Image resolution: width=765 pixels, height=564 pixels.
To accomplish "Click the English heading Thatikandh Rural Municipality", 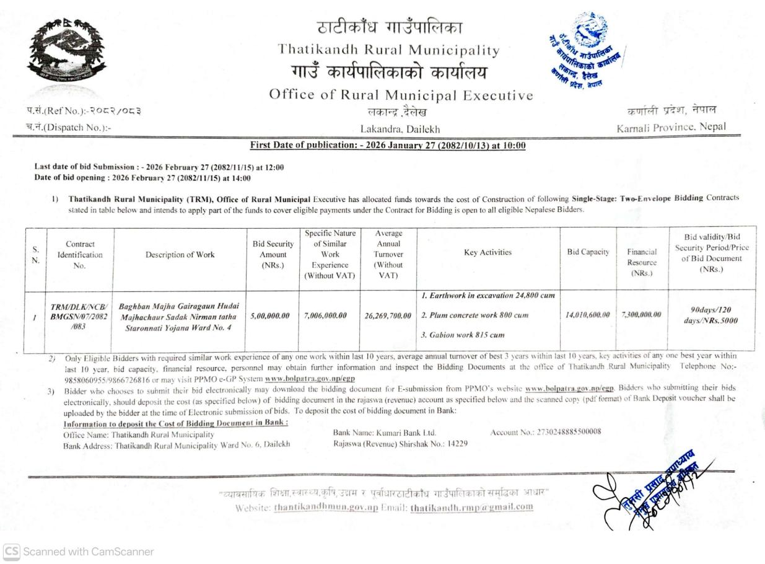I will [389, 50].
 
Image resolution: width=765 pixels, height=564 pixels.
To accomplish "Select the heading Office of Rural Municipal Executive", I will [401, 95].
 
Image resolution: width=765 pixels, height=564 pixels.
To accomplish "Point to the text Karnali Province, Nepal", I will [667, 128].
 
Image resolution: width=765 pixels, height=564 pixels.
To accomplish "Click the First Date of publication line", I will [388, 146].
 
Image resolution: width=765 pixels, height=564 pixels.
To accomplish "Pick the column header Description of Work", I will [180, 255].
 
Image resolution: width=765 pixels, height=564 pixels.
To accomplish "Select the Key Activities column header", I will [487, 253].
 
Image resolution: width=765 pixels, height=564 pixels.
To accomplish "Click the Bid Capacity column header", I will [587, 253].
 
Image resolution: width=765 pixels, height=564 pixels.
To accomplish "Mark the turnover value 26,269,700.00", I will [388, 316].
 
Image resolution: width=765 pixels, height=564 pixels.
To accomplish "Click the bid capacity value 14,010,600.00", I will [587, 315].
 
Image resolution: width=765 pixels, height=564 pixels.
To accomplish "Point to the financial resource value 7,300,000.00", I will [641, 315].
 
